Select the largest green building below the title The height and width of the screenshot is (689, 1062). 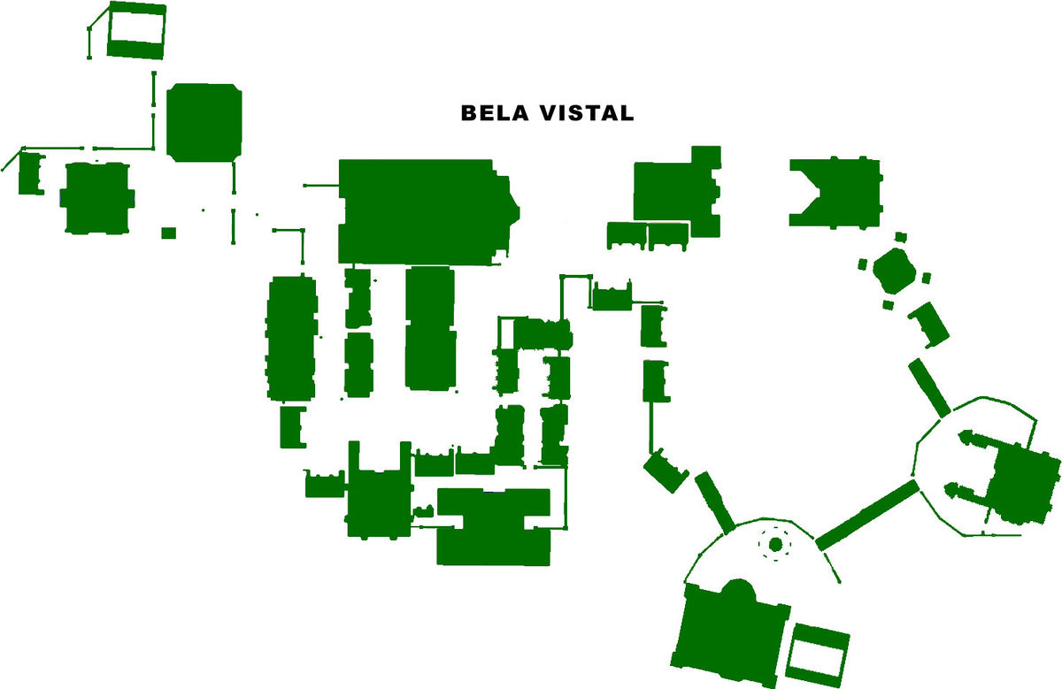420,211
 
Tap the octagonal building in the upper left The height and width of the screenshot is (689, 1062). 204,122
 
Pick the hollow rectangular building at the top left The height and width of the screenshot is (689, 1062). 136,30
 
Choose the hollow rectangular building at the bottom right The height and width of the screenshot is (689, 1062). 819,651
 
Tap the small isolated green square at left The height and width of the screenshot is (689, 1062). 168,233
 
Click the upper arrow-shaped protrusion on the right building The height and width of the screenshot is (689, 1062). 969,440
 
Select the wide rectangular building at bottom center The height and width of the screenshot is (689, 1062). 494,527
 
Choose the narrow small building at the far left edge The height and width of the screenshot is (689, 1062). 31,172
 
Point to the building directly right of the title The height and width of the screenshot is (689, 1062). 677,188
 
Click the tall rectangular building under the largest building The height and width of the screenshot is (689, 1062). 430,327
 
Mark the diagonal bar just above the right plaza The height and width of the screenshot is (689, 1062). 928,387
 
